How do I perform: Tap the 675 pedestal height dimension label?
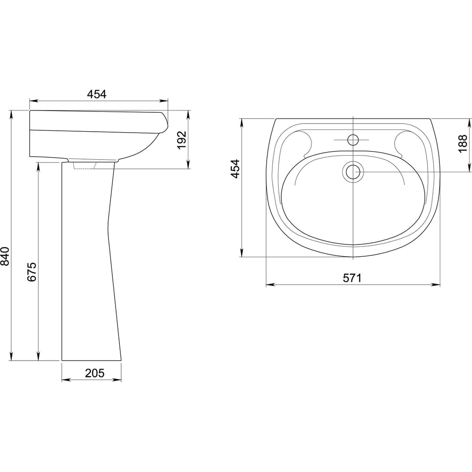coord(32,272)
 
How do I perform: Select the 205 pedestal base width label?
coord(95,373)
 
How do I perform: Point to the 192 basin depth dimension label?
coord(182,140)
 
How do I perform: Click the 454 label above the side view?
coord(97,94)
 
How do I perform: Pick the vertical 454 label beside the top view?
coord(235,169)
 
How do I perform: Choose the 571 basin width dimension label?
coord(352,278)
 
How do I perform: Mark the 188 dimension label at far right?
coord(464,144)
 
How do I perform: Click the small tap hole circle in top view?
coord(353,140)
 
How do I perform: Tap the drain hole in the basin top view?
coord(353,172)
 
